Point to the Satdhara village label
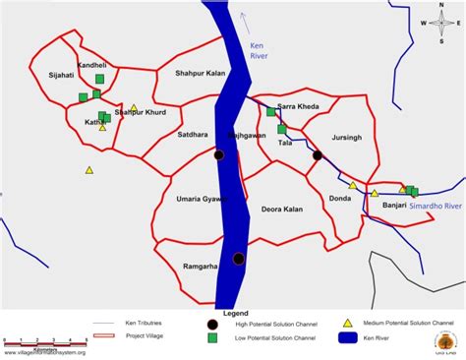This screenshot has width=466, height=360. (193, 134)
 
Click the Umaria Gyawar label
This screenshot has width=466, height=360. (201, 199)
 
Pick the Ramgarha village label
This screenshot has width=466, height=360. (200, 267)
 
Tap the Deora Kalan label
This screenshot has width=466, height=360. (281, 210)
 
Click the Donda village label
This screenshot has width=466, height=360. (340, 199)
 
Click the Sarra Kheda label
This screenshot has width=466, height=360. (297, 106)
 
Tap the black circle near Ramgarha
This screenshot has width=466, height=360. (238, 259)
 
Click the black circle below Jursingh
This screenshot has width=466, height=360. (317, 155)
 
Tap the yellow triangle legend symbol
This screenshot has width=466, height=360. (346, 322)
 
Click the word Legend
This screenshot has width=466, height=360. (236, 312)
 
